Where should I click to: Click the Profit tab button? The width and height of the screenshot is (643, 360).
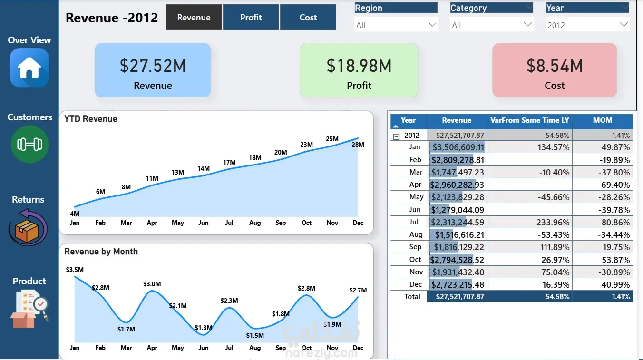251,17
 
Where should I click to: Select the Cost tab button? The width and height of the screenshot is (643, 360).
308,17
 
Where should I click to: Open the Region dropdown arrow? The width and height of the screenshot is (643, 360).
432,25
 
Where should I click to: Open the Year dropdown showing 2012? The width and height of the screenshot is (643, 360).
588,25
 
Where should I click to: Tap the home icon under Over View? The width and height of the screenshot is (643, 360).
29,68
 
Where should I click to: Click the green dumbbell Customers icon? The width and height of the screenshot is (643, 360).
29,144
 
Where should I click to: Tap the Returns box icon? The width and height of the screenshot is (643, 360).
28,227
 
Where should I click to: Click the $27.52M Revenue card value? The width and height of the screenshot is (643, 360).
153,66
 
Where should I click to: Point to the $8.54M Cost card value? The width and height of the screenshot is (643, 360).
555,66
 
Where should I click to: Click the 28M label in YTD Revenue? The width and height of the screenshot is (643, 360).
358,145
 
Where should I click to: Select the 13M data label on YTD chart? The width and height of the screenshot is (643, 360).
178,172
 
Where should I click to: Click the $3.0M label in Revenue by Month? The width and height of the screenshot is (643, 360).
152,284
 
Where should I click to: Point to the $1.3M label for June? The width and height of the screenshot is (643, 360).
204,328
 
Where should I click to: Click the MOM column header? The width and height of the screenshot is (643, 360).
603,120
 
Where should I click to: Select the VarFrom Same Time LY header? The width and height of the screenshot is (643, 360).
530,120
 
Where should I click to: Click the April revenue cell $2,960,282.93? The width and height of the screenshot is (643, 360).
457,185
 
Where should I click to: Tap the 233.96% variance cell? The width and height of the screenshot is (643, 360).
553,223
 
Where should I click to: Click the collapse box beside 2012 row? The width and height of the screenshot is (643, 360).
397,136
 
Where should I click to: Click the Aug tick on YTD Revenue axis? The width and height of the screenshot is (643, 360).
255,223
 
